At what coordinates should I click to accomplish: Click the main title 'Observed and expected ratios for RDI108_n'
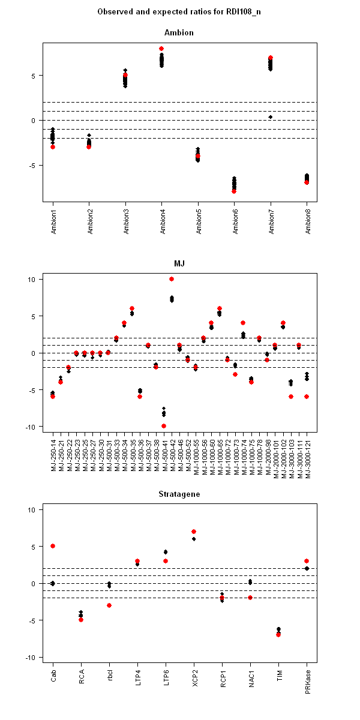click(180, 11)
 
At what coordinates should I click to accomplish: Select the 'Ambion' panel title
click(180, 32)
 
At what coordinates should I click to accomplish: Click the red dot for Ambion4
click(161, 49)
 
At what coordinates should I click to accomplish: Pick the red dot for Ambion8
click(307, 182)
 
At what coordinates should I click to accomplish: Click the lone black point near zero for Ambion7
click(271, 117)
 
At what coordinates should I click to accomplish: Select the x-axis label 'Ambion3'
click(125, 222)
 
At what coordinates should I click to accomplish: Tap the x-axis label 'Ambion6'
click(234, 222)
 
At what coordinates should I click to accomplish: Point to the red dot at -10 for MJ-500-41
click(163, 426)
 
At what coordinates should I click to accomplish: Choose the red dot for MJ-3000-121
click(307, 397)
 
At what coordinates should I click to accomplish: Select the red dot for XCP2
click(194, 532)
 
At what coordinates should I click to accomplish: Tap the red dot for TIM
click(278, 634)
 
